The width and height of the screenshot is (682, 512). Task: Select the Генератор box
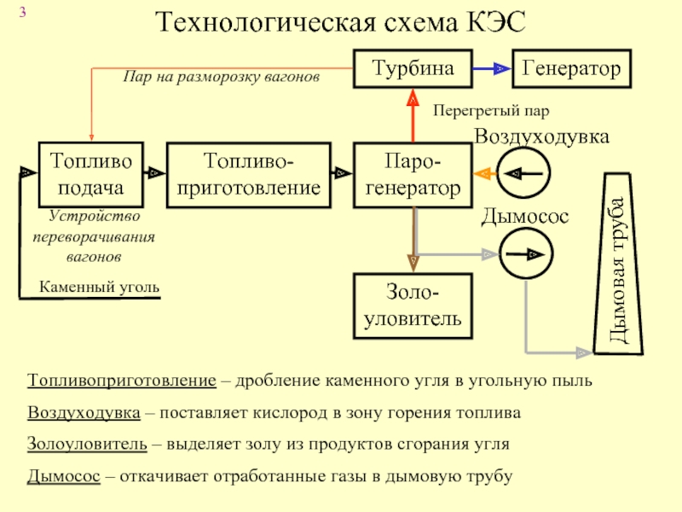pos(571,68)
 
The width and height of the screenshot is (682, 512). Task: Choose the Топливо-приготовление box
pos(249,173)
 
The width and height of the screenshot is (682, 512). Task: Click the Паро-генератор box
pos(413,173)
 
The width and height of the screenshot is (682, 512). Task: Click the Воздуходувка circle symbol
pos(525,173)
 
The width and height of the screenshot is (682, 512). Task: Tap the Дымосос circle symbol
pos(525,254)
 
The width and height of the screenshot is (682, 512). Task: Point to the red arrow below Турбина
pos(413,115)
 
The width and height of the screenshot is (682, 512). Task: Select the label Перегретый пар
pos(490,111)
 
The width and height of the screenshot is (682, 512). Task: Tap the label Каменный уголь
pos(100,287)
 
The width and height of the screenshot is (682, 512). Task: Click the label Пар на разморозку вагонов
pos(221,77)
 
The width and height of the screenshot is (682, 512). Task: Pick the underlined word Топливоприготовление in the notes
pos(121,380)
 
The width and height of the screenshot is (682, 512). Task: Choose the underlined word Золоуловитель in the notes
pos(85,445)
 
